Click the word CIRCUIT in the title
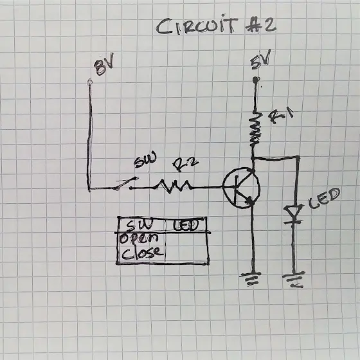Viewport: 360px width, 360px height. pyautogui.click(x=197, y=26)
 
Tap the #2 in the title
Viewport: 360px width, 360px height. pyautogui.click(x=260, y=26)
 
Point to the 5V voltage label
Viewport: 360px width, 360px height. pyautogui.click(x=260, y=60)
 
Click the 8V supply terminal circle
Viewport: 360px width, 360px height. pyautogui.click(x=90, y=82)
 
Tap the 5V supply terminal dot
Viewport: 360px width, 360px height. pyautogui.click(x=256, y=80)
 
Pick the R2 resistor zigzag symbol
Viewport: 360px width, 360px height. pyautogui.click(x=174, y=186)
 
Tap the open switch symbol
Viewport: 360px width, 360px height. pyautogui.click(x=126, y=184)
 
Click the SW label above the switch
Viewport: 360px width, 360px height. pyautogui.click(x=145, y=159)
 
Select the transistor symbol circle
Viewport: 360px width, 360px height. pyautogui.click(x=241, y=188)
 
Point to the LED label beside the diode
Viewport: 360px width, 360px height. pyautogui.click(x=324, y=198)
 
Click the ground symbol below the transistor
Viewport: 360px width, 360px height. pyautogui.click(x=251, y=278)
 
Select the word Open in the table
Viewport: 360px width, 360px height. pyautogui.click(x=139, y=239)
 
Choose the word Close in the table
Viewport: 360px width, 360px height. pyautogui.click(x=142, y=253)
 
